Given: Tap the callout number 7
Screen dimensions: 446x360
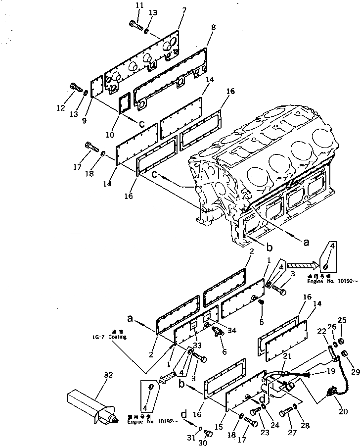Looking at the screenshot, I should click(183, 10).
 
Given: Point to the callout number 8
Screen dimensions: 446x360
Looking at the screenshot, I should click(213, 28).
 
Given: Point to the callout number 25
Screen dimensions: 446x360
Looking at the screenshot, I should click(342, 320).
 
